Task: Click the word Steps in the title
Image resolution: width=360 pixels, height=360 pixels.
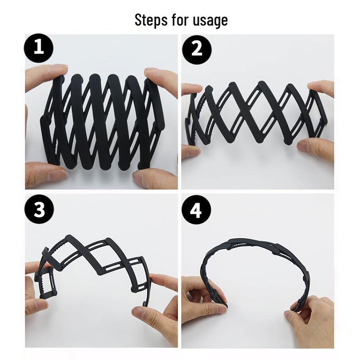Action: coord(149,20)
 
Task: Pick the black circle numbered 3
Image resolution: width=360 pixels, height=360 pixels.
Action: coord(39,210)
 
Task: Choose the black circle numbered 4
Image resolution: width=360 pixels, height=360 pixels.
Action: coord(197,210)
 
